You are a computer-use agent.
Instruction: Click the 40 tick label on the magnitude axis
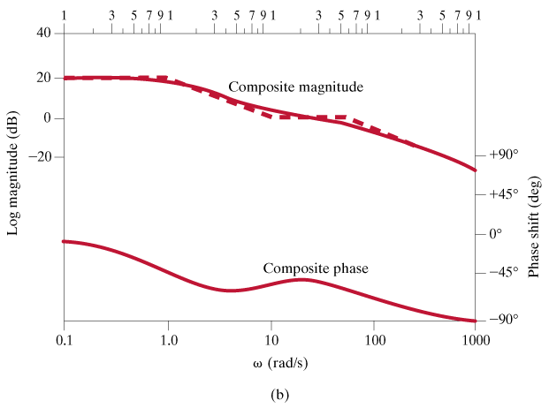tap(44, 34)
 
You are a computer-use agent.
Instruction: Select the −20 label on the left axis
tap(41, 157)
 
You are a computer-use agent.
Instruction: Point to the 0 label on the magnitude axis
tap(48, 117)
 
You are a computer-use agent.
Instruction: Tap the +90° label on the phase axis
tap(503, 155)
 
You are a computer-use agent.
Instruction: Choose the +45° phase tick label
tap(503, 194)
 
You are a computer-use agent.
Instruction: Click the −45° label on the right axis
tap(503, 273)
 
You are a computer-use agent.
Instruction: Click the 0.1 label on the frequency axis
tap(64, 340)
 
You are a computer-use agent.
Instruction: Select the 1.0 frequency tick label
tap(168, 340)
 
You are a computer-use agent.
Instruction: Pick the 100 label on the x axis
tap(374, 340)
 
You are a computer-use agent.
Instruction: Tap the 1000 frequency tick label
tap(476, 340)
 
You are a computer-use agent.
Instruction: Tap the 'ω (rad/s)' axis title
tap(270, 363)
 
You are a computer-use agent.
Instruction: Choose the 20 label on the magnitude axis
tap(44, 78)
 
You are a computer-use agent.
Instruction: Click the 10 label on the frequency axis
tap(271, 340)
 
